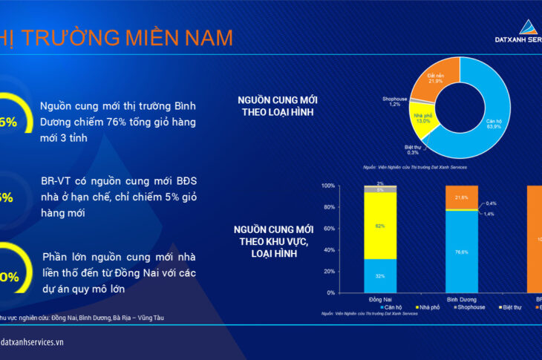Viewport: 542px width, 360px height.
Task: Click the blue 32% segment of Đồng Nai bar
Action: (x=379, y=275)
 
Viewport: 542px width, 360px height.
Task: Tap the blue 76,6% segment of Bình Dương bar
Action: (x=461, y=252)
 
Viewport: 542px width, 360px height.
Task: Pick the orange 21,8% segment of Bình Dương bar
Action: (x=461, y=197)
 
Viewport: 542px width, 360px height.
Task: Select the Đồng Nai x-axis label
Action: (x=379, y=298)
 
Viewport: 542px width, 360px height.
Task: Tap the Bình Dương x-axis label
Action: (x=461, y=298)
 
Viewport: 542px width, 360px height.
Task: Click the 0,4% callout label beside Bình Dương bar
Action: (x=492, y=203)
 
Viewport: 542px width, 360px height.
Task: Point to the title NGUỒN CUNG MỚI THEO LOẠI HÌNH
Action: (x=275, y=105)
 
